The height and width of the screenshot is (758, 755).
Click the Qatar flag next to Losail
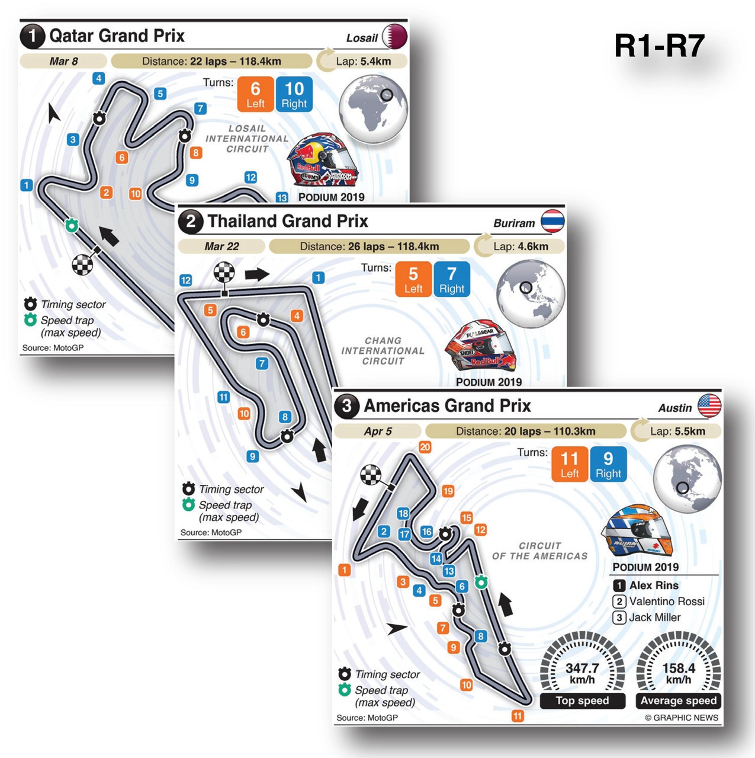395,37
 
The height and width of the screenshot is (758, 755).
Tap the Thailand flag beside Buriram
552,222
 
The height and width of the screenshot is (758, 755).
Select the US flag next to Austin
709,406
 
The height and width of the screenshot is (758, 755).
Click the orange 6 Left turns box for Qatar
255,94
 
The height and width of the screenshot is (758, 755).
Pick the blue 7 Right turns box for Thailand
452,279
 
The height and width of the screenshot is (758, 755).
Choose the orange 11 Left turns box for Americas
570,464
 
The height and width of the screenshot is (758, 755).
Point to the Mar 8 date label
63,61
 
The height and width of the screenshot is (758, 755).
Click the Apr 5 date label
378,431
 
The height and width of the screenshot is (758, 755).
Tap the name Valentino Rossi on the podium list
666,602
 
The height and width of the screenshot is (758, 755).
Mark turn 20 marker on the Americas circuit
425,447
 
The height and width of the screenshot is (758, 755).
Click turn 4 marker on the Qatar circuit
99,78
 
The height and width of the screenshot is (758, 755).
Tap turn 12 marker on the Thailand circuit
186,280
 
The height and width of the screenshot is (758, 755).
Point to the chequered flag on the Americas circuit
371,475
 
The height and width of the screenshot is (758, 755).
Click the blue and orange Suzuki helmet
637,529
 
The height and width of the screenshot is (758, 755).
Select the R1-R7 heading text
659,46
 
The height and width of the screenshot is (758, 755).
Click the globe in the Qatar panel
373,108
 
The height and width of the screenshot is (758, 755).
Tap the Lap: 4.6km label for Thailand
521,247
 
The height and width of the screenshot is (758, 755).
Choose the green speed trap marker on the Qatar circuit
72,225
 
